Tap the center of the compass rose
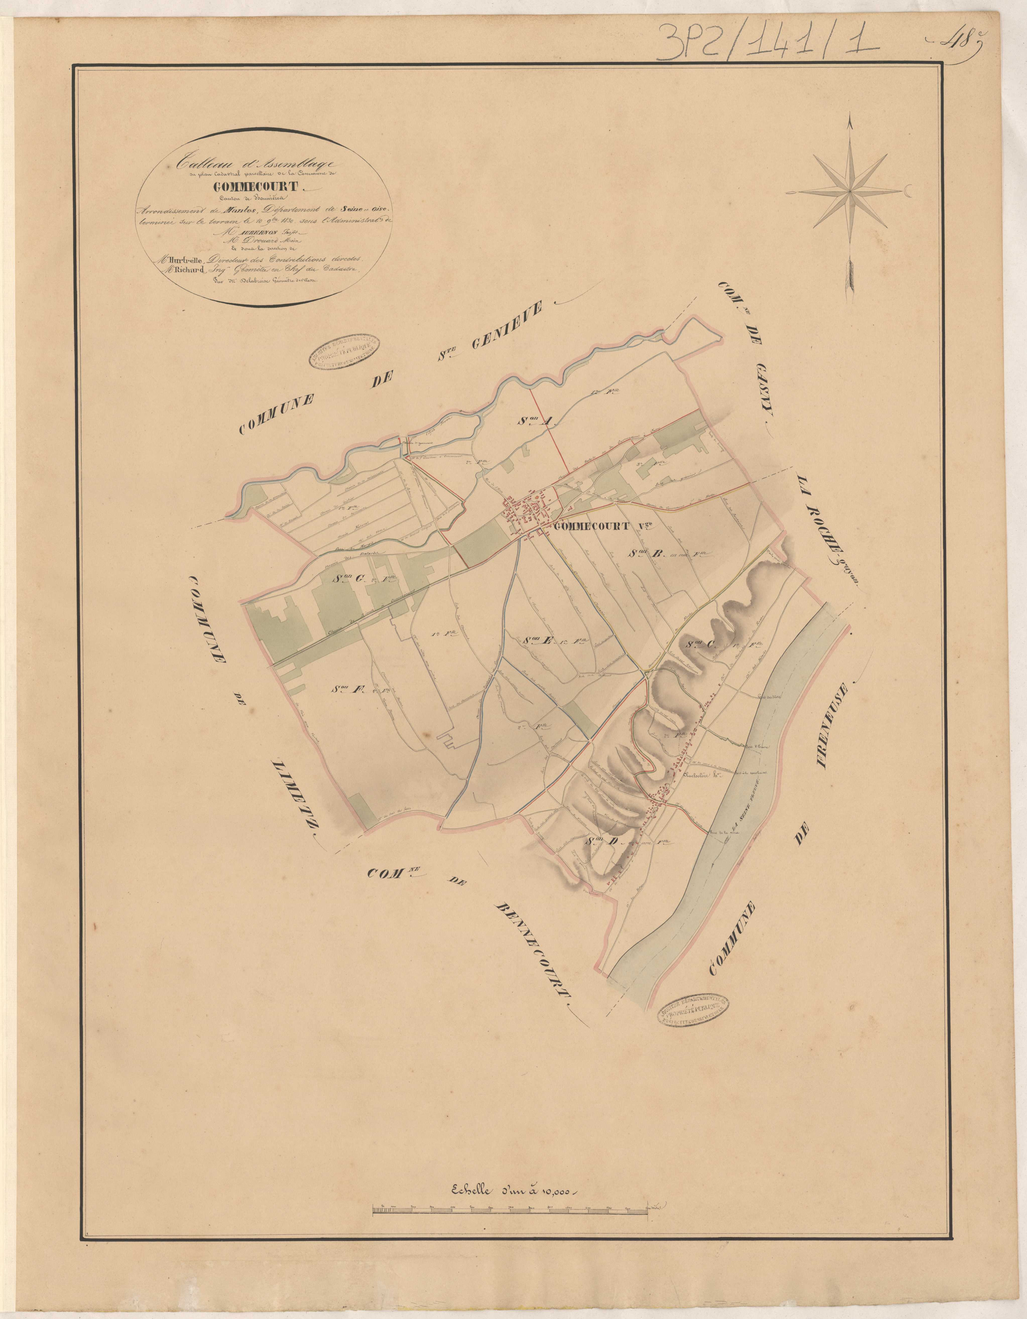click(x=851, y=191)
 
